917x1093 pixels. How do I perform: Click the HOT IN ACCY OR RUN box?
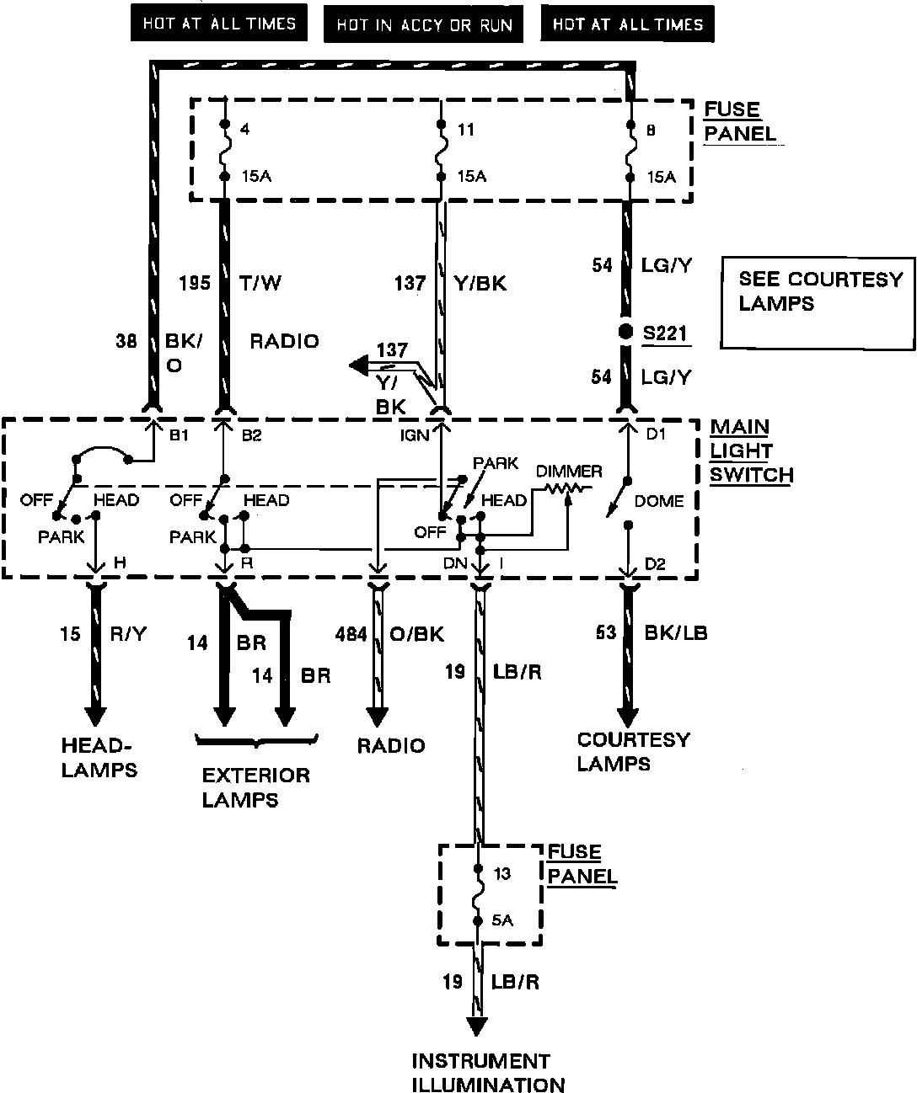[424, 24]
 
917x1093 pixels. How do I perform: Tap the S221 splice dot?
[625, 332]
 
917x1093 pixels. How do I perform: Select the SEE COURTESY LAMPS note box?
[818, 302]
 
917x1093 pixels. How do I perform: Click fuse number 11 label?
[465, 130]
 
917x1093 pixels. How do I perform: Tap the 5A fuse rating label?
[502, 920]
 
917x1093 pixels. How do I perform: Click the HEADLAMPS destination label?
[99, 756]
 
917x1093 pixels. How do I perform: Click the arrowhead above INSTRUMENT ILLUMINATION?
[478, 1026]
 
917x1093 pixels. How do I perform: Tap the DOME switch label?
[658, 501]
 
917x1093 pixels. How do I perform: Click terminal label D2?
[655, 564]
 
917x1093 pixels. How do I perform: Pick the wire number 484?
[350, 634]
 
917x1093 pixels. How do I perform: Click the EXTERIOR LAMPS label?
[255, 786]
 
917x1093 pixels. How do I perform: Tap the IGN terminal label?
[416, 435]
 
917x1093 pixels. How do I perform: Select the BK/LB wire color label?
[675, 632]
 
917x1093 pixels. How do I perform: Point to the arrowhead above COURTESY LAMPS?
[628, 717]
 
